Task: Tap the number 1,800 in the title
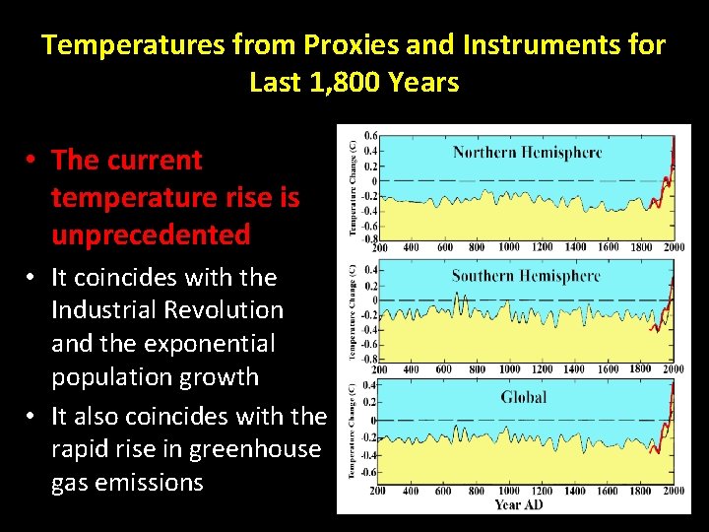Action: (333, 82)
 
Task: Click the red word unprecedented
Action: (151, 234)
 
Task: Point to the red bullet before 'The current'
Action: (32, 160)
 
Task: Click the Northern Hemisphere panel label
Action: (527, 153)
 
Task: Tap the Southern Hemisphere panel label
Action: (526, 276)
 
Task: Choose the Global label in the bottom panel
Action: (523, 397)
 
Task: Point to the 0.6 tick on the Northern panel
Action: (370, 136)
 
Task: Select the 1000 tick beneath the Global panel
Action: (509, 491)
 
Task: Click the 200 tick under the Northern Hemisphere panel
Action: (379, 247)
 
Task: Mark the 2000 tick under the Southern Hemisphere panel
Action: (673, 369)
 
